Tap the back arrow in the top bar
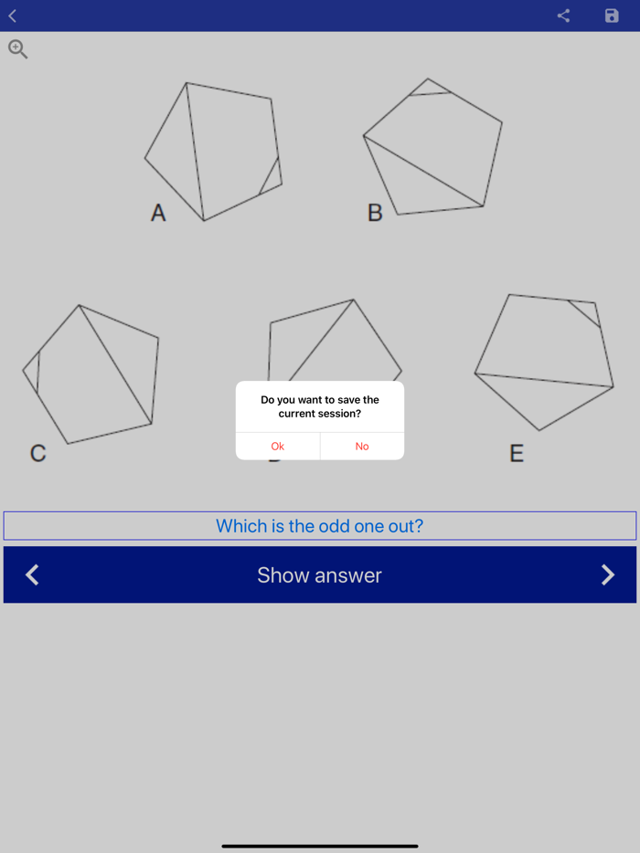13,16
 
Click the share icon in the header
563,16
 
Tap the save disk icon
612,16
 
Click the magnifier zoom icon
17,49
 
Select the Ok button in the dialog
278,446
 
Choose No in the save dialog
362,446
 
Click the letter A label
158,213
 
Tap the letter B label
375,213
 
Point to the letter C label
37,453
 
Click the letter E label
517,453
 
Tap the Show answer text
319,575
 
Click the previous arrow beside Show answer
32,574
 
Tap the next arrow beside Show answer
608,574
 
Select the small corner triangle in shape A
273,179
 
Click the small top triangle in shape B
429,88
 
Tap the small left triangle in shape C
32,371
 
